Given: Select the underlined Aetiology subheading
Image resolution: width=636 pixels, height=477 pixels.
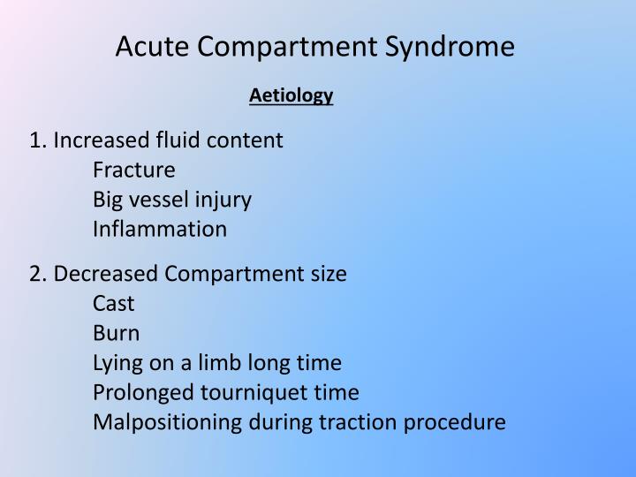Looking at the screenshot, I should tap(291, 95).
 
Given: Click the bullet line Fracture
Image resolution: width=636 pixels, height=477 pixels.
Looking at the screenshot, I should tap(133, 170).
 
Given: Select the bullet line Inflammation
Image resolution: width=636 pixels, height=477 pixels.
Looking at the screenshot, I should tap(159, 230).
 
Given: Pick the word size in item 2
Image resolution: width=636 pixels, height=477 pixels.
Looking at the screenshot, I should tap(327, 274).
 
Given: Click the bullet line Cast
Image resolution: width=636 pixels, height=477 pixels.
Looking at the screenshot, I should tap(113, 304).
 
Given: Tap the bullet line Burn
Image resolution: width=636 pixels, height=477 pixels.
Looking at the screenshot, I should tap(115, 334).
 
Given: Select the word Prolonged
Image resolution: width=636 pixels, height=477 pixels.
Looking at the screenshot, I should tap(138, 392).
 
